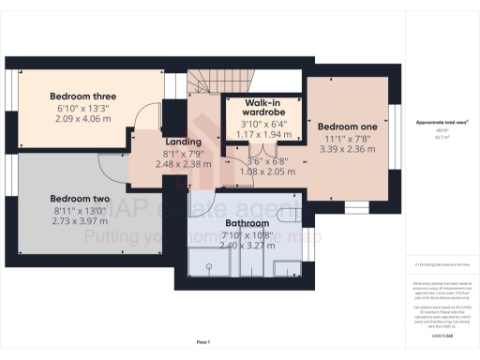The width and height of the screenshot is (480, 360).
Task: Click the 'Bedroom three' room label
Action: pos(82,96)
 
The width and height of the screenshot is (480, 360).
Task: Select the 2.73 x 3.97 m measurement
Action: pos(81,222)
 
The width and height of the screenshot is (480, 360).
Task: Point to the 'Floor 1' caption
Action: pos(202,341)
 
